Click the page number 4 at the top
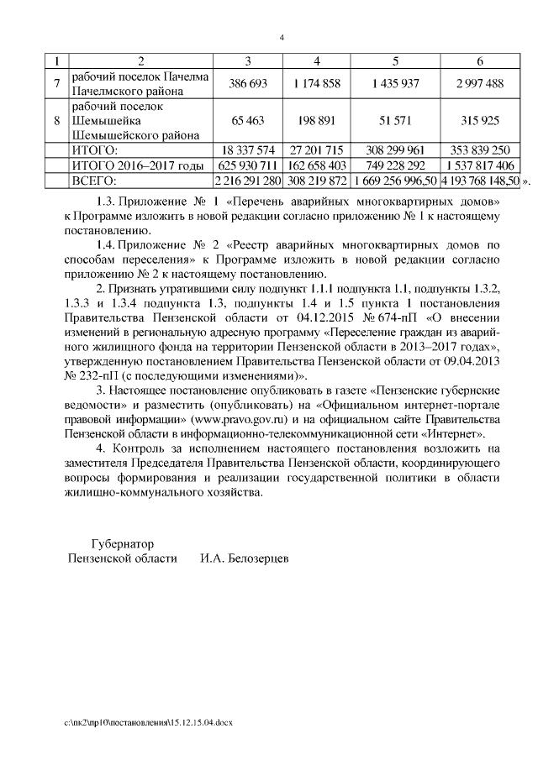[282, 38]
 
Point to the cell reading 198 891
[317, 121]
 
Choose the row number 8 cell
[56, 121]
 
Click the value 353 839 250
[479, 150]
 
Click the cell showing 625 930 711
[248, 165]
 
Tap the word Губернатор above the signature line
[123, 543]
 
